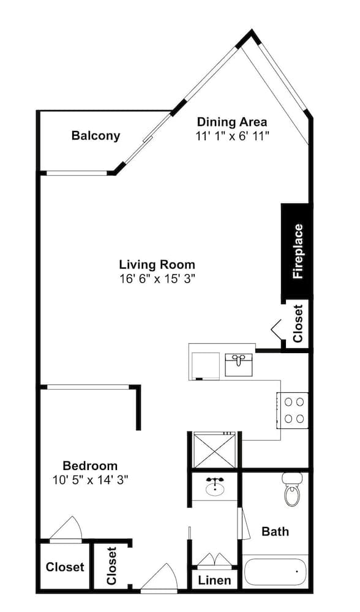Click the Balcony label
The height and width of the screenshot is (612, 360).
click(x=96, y=136)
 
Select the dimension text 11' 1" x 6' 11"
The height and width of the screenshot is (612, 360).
click(x=232, y=136)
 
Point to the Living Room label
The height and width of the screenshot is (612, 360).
click(x=157, y=265)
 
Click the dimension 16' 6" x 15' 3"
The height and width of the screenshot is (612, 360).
click(x=157, y=278)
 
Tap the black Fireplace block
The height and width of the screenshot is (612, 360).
click(x=297, y=251)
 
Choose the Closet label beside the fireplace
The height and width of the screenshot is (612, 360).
click(x=298, y=323)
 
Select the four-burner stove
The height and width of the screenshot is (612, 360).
click(x=293, y=410)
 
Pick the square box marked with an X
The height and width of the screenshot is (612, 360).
click(x=214, y=450)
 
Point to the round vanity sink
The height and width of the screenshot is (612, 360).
click(x=214, y=488)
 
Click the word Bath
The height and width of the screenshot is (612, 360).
click(x=275, y=531)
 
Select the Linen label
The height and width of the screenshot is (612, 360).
click(x=215, y=580)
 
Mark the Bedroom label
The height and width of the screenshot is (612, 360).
click(x=90, y=466)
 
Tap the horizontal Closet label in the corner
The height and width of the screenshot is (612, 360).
click(x=65, y=567)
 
